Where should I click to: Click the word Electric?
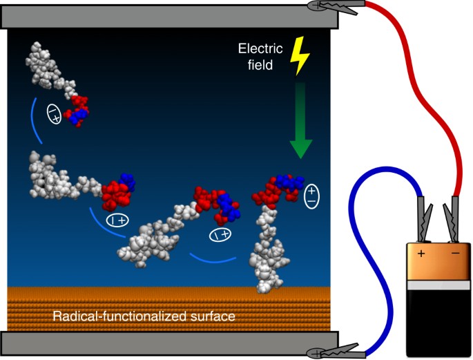[256, 48]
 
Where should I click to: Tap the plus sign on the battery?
[421, 254]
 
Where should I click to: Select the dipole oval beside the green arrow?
[312, 195]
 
